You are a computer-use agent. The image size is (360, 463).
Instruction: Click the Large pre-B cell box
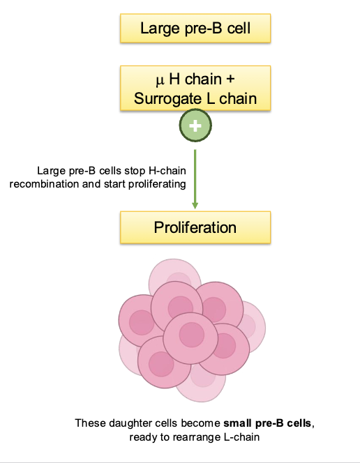[x=195, y=29]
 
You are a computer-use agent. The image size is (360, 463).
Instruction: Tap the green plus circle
[x=195, y=127]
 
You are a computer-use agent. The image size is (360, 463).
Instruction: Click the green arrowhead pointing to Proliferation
[x=195, y=204]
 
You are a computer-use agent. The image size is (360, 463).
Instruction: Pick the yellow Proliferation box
[x=195, y=228]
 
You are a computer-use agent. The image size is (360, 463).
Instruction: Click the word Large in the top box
[x=157, y=29]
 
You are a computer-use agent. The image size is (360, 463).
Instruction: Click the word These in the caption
[x=89, y=423]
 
